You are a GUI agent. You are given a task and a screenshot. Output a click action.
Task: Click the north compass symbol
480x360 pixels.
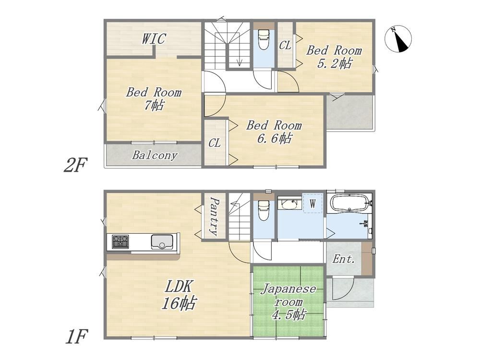(x=397, y=39)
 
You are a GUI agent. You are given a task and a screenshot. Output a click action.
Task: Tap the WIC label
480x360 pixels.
(x=154, y=39)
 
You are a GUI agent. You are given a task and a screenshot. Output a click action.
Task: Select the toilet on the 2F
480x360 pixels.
(x=263, y=39)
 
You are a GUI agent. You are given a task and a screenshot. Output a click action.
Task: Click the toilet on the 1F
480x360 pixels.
(x=263, y=210)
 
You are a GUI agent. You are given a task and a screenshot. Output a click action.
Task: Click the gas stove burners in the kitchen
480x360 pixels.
(x=120, y=241)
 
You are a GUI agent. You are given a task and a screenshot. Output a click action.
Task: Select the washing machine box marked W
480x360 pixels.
(x=312, y=203)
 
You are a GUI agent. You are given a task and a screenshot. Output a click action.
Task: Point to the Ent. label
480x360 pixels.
(x=344, y=259)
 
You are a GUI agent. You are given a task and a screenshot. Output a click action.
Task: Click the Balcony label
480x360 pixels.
(x=155, y=155)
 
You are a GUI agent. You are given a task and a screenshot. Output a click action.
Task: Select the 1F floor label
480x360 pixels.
(x=77, y=336)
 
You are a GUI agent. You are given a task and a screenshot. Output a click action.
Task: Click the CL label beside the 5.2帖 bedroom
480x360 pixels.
(x=285, y=46)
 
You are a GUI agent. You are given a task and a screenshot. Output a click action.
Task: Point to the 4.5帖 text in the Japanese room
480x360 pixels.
(x=288, y=314)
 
